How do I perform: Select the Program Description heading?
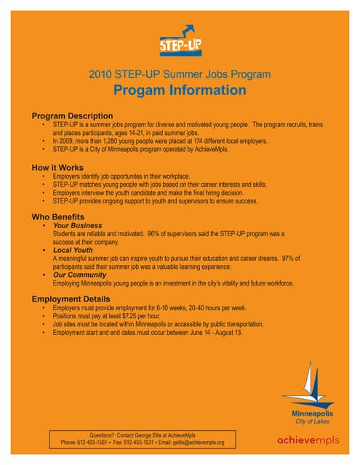pyautogui.click(x=72, y=116)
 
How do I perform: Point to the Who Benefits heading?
pyautogui.click(x=58, y=217)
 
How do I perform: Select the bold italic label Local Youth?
pyautogui.click(x=73, y=251)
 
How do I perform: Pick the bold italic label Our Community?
pyautogui.click(x=79, y=275)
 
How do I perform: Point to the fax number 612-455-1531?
pyautogui.click(x=141, y=442)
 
